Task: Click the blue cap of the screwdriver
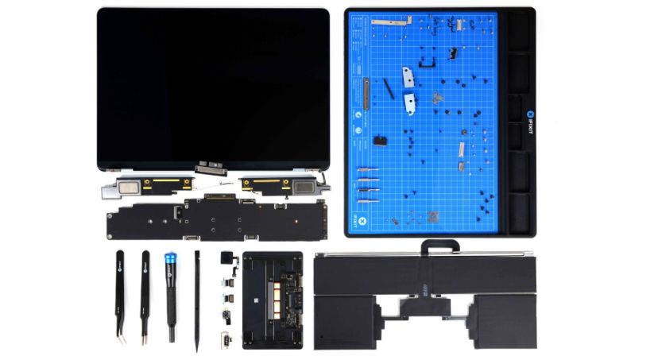point(170,258)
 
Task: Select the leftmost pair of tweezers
point(120,294)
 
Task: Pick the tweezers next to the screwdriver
point(145,294)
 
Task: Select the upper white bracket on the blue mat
point(407,77)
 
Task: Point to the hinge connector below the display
point(210,168)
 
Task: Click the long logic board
point(215,215)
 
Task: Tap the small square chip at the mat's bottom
point(434,216)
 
